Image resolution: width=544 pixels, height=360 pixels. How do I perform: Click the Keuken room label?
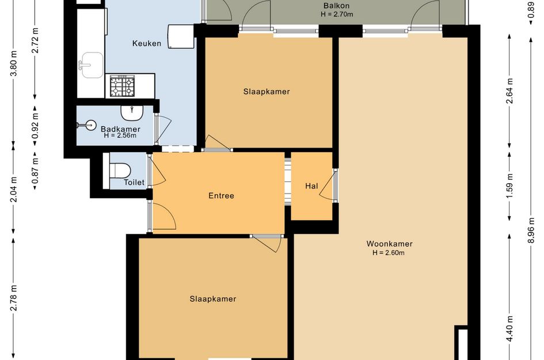tap(147, 43)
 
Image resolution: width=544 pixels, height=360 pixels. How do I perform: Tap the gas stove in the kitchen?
tap(122, 86)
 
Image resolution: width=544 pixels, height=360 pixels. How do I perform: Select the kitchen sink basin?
tap(92, 65)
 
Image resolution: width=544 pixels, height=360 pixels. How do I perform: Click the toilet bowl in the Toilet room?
tap(120, 170)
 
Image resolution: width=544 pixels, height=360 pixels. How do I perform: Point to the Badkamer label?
tap(120, 129)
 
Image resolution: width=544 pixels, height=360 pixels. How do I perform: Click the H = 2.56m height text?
tap(120, 135)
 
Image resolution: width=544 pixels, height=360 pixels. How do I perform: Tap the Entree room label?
tap(222, 196)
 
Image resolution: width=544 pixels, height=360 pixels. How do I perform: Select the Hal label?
tap(311, 186)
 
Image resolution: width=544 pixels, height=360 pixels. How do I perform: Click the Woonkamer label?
tap(389, 244)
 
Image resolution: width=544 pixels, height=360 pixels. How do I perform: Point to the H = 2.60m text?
tap(389, 253)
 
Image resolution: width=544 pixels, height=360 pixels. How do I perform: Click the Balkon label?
tap(336, 6)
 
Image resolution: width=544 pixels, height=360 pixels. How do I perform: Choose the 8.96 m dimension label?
tap(531, 231)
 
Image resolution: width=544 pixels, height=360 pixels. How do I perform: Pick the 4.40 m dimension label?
tap(509, 328)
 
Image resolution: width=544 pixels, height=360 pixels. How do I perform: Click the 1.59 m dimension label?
tap(509, 186)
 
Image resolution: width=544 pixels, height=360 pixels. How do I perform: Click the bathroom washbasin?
tap(132, 112)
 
